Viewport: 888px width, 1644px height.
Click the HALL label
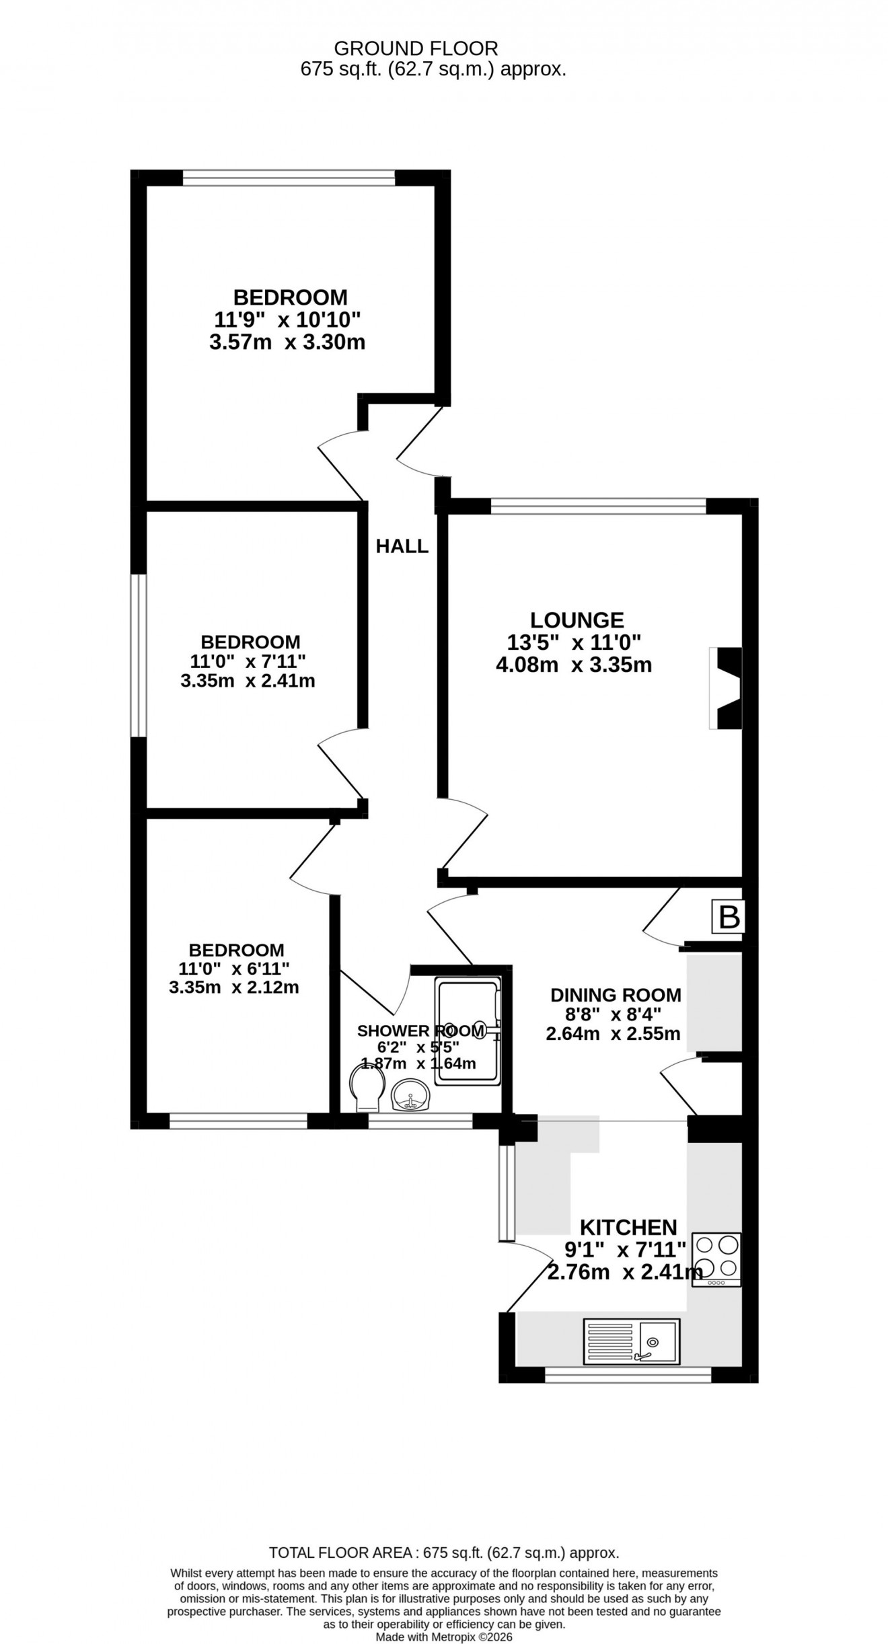(402, 546)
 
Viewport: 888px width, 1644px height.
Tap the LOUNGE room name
(577, 620)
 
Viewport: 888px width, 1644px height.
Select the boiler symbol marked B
(729, 918)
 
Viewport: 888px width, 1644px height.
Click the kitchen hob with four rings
(716, 1259)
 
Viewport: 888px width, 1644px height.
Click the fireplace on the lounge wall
(727, 688)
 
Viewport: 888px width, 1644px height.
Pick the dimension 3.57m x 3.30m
(287, 342)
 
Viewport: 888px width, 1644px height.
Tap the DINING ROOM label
(616, 995)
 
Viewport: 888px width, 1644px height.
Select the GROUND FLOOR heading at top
(416, 48)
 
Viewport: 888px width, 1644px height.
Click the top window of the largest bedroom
(289, 178)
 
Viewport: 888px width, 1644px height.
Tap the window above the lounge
(598, 506)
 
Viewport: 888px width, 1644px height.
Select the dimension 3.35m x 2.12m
(233, 987)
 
